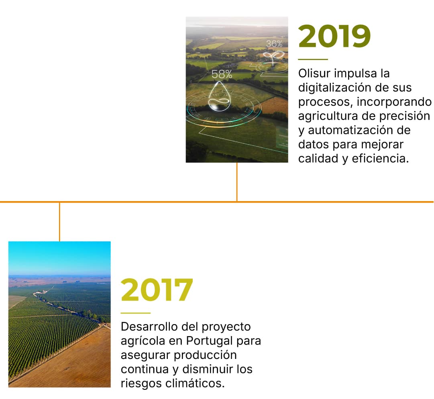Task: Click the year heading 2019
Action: pos(334,37)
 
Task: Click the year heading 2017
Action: pos(157,290)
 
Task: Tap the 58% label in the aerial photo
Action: pos(222,74)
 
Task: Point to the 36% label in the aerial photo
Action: pos(274,44)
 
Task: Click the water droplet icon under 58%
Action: pos(219,97)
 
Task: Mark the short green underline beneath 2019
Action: pos(313,59)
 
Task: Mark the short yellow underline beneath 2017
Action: pos(135,313)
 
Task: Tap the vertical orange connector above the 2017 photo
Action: pos(59,222)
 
